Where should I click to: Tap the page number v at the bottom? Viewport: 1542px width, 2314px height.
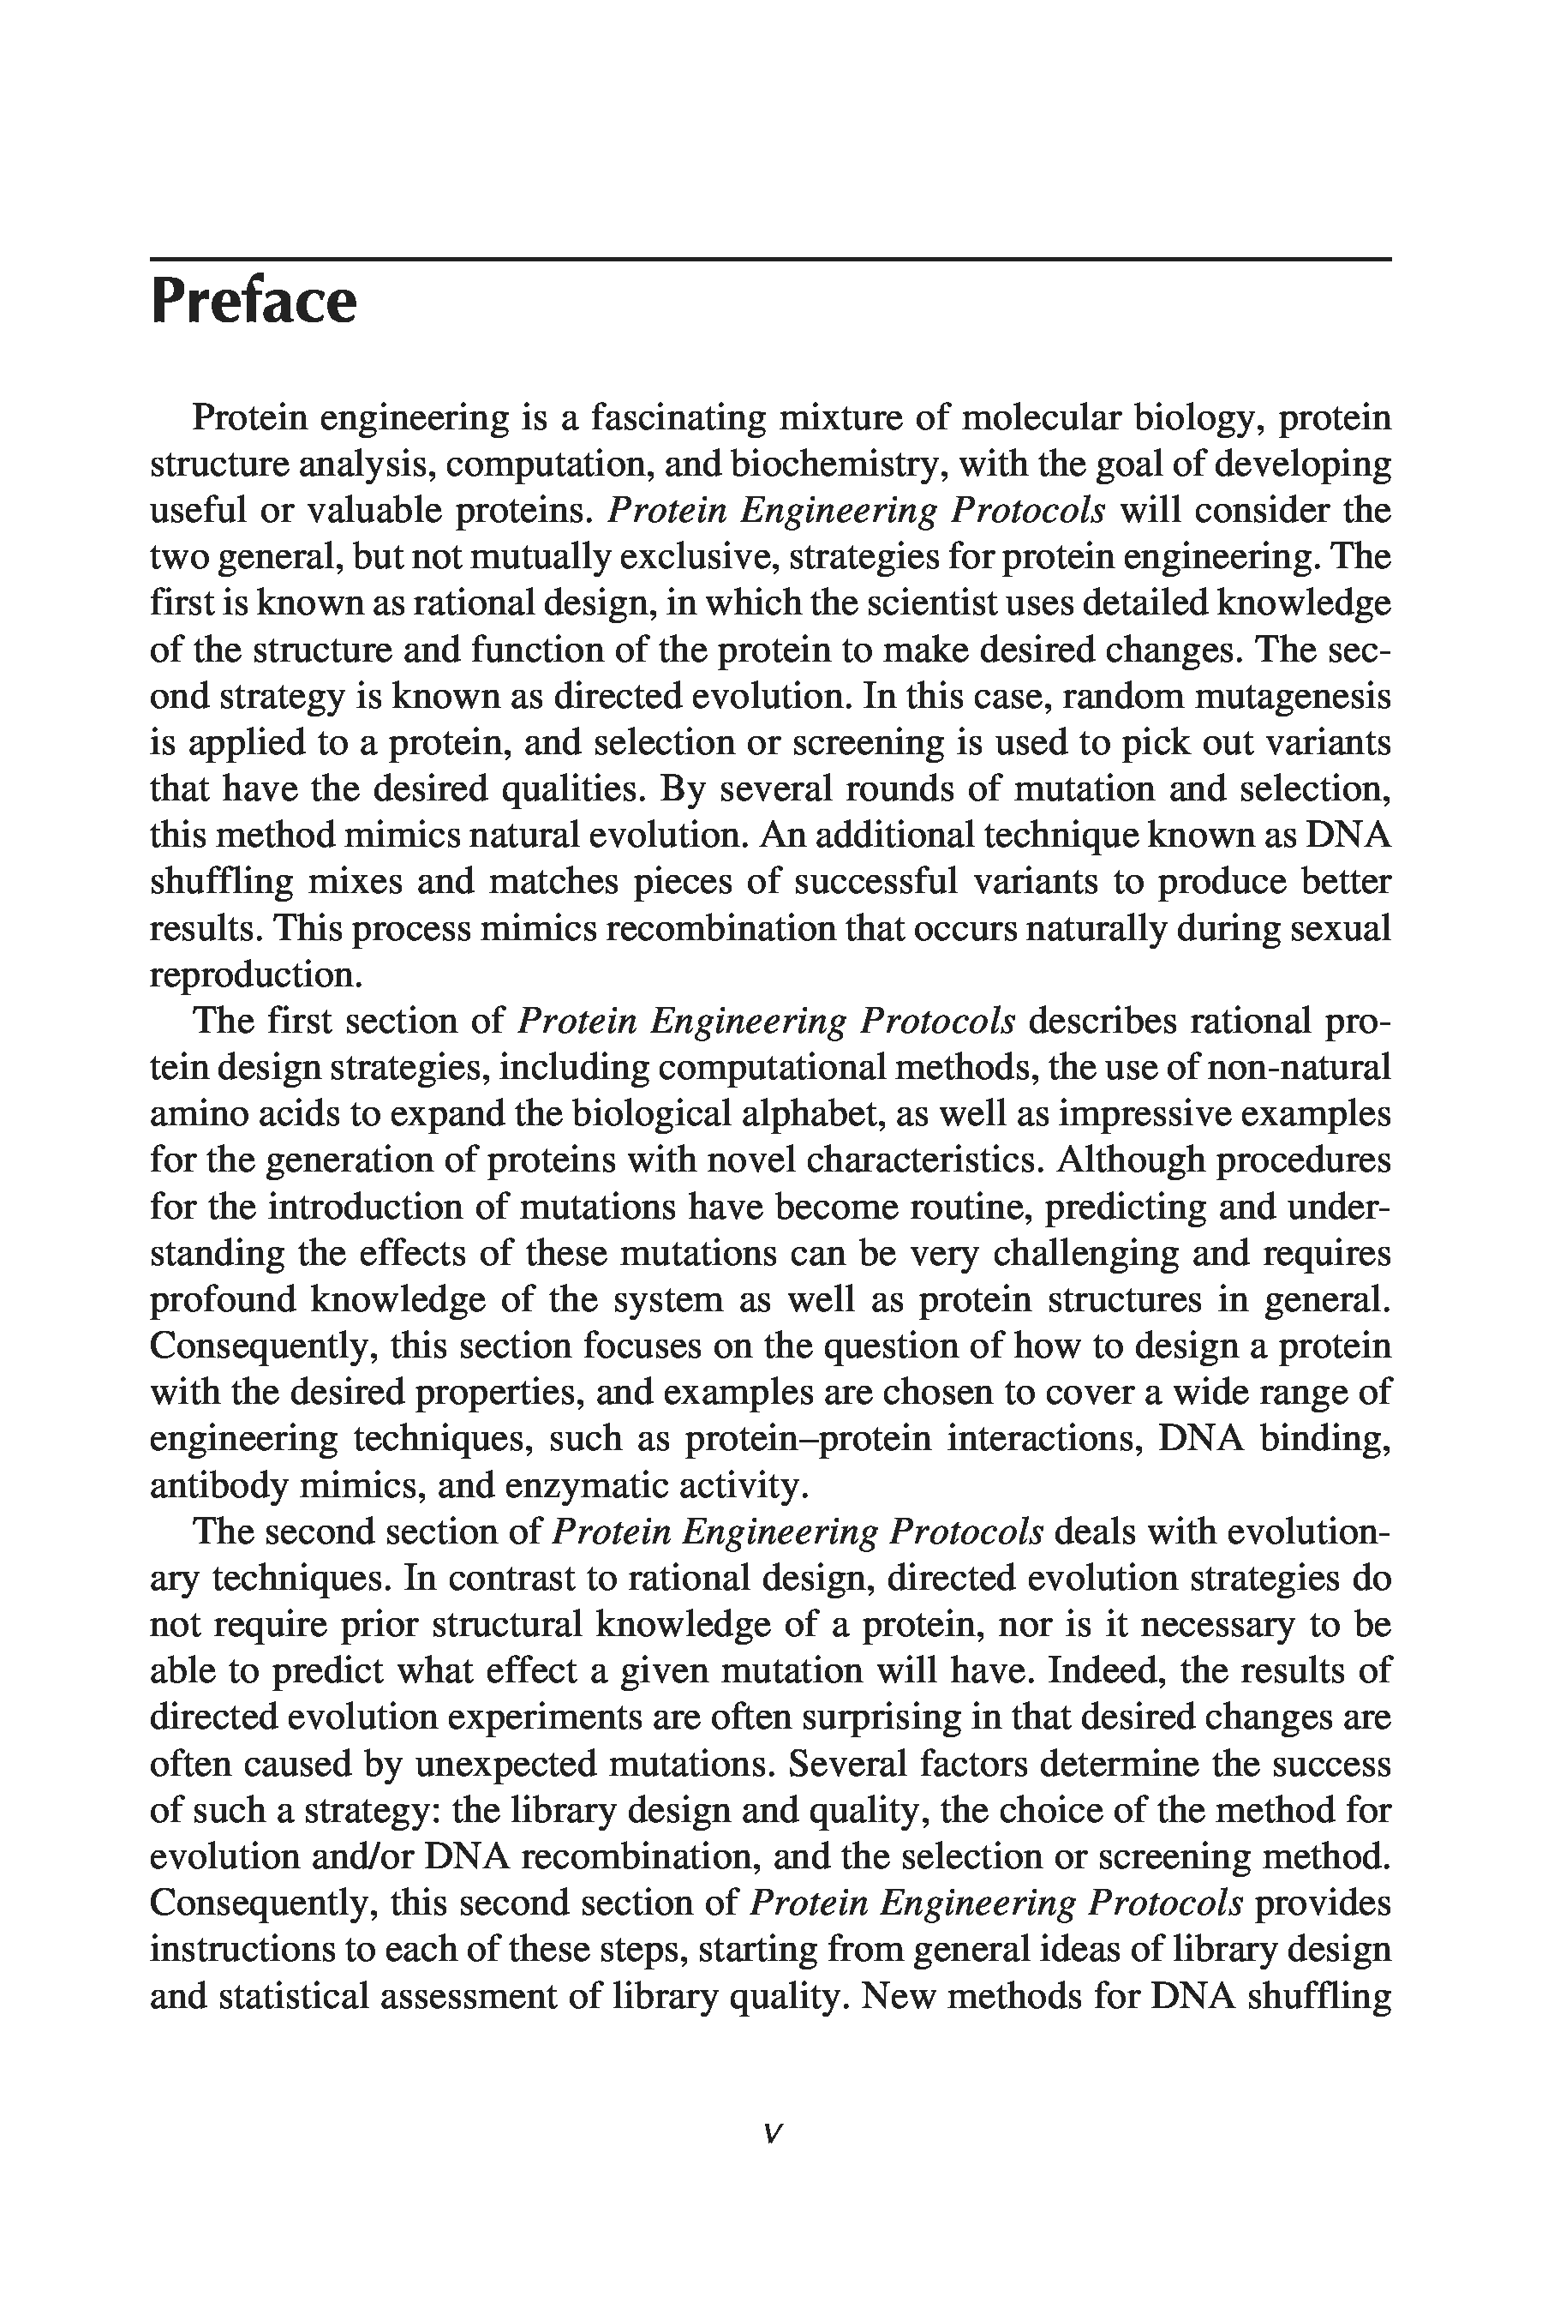(x=772, y=2133)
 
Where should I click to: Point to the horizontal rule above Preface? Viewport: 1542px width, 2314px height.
(x=771, y=260)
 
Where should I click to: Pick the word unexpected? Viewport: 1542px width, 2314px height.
(x=505, y=1764)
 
